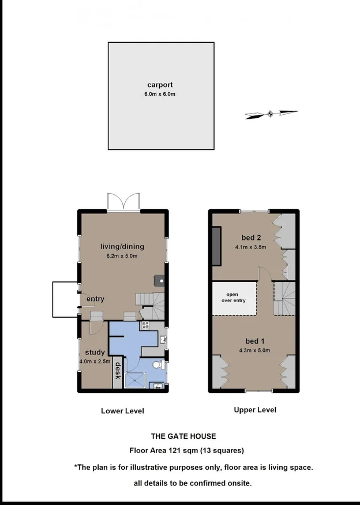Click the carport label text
(x=160, y=85)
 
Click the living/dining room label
(x=123, y=247)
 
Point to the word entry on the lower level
(x=95, y=299)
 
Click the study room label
(x=95, y=352)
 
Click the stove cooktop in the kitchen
(x=144, y=325)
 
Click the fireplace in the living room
(x=160, y=281)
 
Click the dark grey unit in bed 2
(x=216, y=246)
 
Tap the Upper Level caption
(x=254, y=410)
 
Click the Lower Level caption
(x=122, y=411)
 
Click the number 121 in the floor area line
(x=175, y=450)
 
